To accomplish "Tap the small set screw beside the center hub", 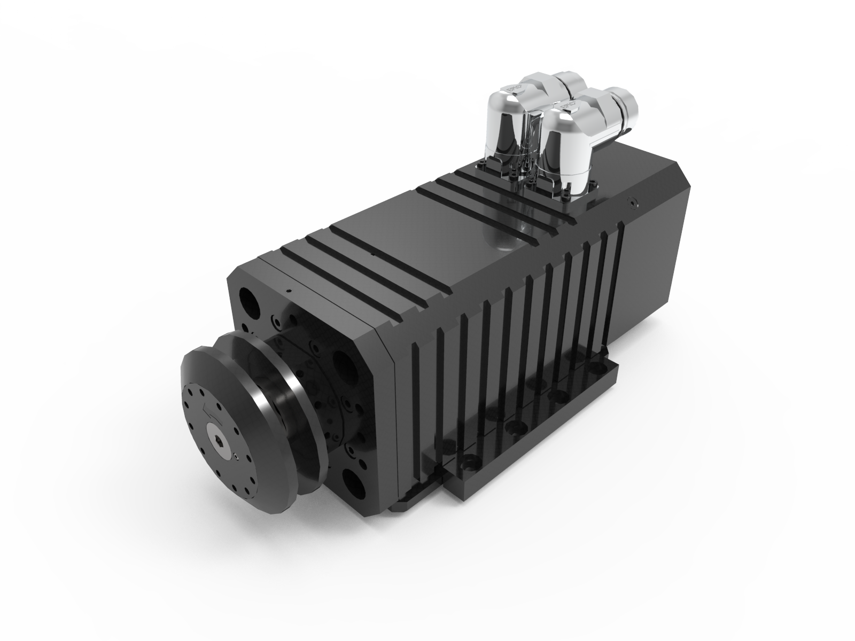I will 236,456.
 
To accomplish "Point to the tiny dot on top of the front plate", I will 288,291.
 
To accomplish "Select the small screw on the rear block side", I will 633,202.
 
